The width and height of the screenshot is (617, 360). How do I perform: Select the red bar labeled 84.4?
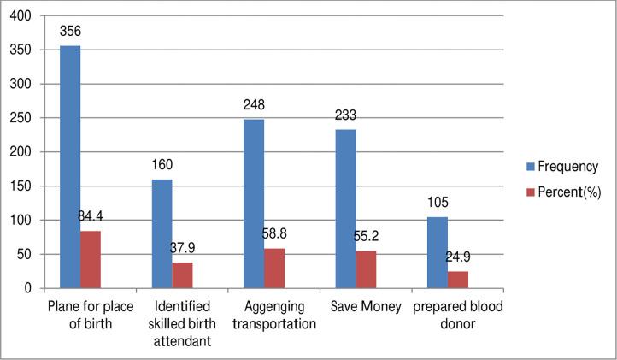(91, 259)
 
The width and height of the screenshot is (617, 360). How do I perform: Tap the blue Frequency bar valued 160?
(162, 233)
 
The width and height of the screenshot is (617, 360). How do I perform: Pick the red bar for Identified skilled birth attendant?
(182, 275)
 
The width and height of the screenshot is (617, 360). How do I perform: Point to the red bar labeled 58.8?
(274, 268)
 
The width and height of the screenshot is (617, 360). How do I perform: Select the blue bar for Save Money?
(345, 209)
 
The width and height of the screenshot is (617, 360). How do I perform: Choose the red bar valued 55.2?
(367, 269)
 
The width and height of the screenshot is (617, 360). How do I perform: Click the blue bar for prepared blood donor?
(438, 252)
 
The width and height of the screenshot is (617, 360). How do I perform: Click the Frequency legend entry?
(560, 167)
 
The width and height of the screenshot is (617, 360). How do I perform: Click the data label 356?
(70, 32)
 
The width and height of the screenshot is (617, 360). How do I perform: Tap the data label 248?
(254, 106)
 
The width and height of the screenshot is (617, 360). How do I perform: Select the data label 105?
(438, 204)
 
